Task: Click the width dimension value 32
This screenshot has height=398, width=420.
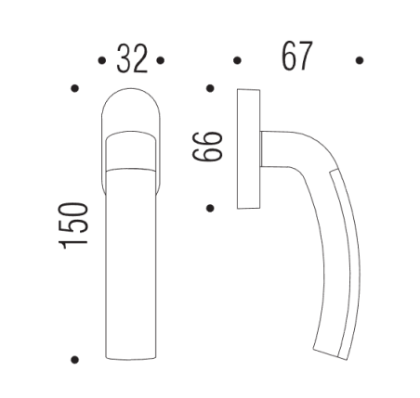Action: (x=130, y=60)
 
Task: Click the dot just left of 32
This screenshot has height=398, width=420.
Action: (x=100, y=61)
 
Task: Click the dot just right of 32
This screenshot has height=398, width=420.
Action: (x=161, y=61)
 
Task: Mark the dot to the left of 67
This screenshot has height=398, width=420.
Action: (x=237, y=61)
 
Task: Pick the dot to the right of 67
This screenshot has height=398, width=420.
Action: (x=360, y=61)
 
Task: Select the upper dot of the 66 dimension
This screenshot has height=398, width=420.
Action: (x=210, y=90)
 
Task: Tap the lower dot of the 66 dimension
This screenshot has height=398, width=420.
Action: (x=210, y=207)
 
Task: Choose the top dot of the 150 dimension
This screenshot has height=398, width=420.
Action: (x=74, y=90)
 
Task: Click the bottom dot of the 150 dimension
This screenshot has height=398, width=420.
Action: (x=74, y=359)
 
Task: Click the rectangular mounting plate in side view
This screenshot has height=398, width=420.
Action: (x=248, y=148)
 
